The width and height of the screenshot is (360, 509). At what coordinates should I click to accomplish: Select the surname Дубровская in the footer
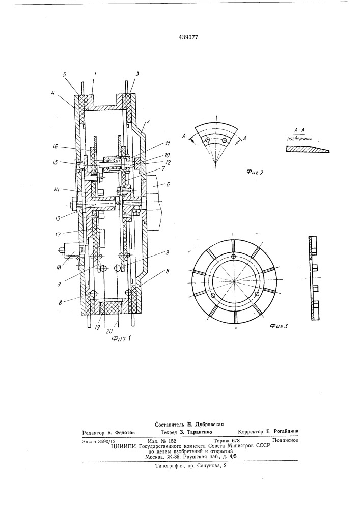[x=202, y=424]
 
